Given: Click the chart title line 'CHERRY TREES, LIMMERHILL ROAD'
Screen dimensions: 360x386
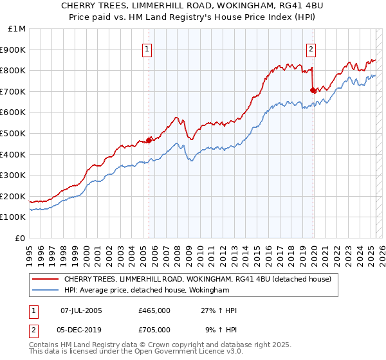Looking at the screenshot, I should point(192,6).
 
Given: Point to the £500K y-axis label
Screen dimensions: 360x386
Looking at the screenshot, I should point(14,133).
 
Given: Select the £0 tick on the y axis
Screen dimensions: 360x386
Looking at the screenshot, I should point(21,238).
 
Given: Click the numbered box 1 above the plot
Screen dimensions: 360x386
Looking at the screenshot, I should point(147,49).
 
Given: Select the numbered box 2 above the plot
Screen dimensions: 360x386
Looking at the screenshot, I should point(311,49).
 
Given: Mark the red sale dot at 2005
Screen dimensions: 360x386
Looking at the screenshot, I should point(149,139).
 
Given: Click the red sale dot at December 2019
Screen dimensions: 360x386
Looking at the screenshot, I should point(313,90).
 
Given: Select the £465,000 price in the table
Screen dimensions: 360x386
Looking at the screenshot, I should point(154,310).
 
